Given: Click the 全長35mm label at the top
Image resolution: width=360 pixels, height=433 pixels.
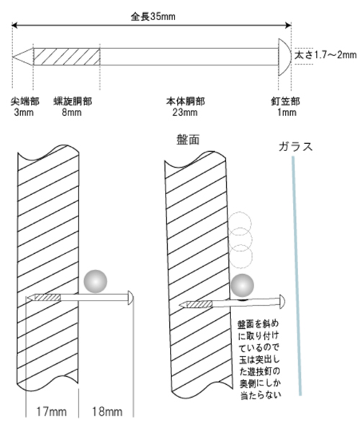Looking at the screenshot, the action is pyautogui.click(x=153, y=17).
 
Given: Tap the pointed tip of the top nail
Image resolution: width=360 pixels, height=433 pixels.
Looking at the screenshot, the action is pyautogui.click(x=13, y=57).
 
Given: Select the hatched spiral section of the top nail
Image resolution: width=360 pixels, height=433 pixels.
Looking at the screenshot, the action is pyautogui.click(x=66, y=57).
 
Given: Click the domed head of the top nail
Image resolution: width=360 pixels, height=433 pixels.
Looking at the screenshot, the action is pyautogui.click(x=284, y=57).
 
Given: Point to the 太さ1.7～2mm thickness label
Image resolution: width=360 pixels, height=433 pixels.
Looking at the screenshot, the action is pyautogui.click(x=325, y=55).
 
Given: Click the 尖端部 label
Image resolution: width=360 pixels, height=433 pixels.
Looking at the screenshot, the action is pyautogui.click(x=25, y=101).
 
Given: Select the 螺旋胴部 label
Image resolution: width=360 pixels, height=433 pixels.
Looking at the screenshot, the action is pyautogui.click(x=73, y=101).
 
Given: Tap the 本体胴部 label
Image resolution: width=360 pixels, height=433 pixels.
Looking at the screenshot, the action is pyautogui.click(x=185, y=101).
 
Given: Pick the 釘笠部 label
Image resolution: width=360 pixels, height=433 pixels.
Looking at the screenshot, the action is pyautogui.click(x=285, y=101).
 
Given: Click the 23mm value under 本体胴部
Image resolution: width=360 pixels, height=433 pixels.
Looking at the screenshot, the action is pyautogui.click(x=185, y=112).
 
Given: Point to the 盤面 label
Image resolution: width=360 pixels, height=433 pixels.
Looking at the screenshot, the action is pyautogui.click(x=188, y=140).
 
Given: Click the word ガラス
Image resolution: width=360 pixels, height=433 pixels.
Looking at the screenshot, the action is pyautogui.click(x=296, y=147).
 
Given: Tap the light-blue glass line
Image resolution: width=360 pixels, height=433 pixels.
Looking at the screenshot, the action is pyautogui.click(x=297, y=275).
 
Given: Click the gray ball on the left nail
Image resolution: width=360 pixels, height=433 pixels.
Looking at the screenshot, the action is pyautogui.click(x=95, y=281).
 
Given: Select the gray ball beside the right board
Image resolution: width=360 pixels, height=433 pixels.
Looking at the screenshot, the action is pyautogui.click(x=242, y=286).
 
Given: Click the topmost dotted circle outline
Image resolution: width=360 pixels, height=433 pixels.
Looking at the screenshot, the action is pyautogui.click(x=240, y=223).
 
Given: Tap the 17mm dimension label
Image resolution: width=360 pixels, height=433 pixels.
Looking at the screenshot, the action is pyautogui.click(x=51, y=411).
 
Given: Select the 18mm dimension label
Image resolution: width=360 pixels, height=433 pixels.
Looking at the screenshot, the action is pyautogui.click(x=107, y=411).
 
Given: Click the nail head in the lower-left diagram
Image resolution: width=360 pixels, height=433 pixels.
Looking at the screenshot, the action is pyautogui.click(x=131, y=298).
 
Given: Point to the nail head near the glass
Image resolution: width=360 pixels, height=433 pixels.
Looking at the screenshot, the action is pyautogui.click(x=282, y=301).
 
